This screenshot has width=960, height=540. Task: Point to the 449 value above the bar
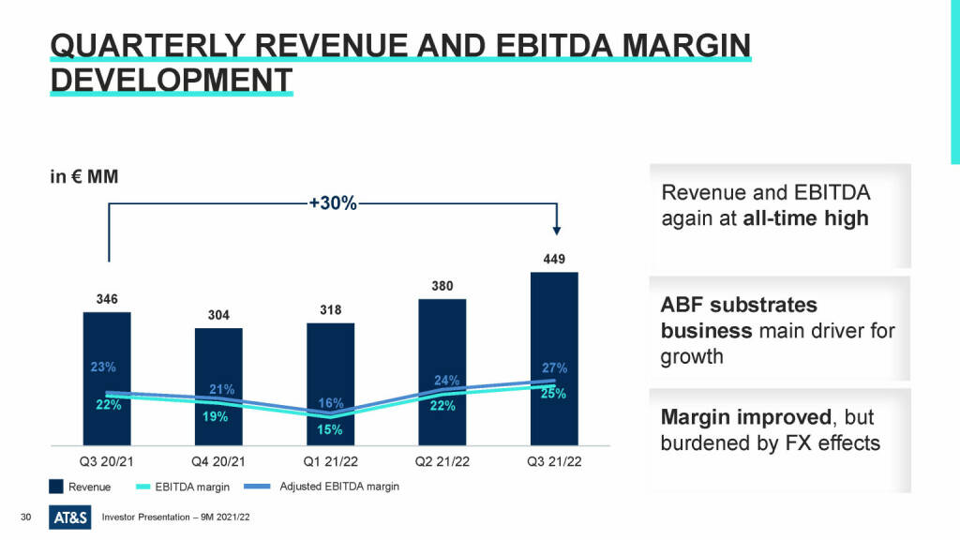pyautogui.click(x=554, y=259)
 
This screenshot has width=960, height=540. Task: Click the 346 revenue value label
pyautogui.click(x=107, y=299)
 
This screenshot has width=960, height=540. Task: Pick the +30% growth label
pyautogui.click(x=333, y=202)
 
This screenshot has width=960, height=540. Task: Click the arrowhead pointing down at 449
pyautogui.click(x=557, y=230)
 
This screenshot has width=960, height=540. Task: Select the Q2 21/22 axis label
pyautogui.click(x=442, y=460)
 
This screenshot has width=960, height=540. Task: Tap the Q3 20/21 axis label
pyautogui.click(x=107, y=460)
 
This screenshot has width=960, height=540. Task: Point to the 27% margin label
pyautogui.click(x=554, y=367)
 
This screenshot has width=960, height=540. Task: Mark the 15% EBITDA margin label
pyautogui.click(x=330, y=429)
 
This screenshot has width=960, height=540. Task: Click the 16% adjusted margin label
pyautogui.click(x=330, y=403)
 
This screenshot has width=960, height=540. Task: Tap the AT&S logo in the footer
pyautogui.click(x=70, y=517)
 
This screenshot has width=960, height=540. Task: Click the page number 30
pyautogui.click(x=26, y=517)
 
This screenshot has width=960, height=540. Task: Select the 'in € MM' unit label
pyautogui.click(x=83, y=176)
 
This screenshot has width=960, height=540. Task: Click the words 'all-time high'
pyautogui.click(x=805, y=218)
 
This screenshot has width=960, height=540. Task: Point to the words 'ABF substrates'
pyautogui.click(x=739, y=306)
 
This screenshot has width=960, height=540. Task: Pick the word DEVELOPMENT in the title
pyautogui.click(x=170, y=80)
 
